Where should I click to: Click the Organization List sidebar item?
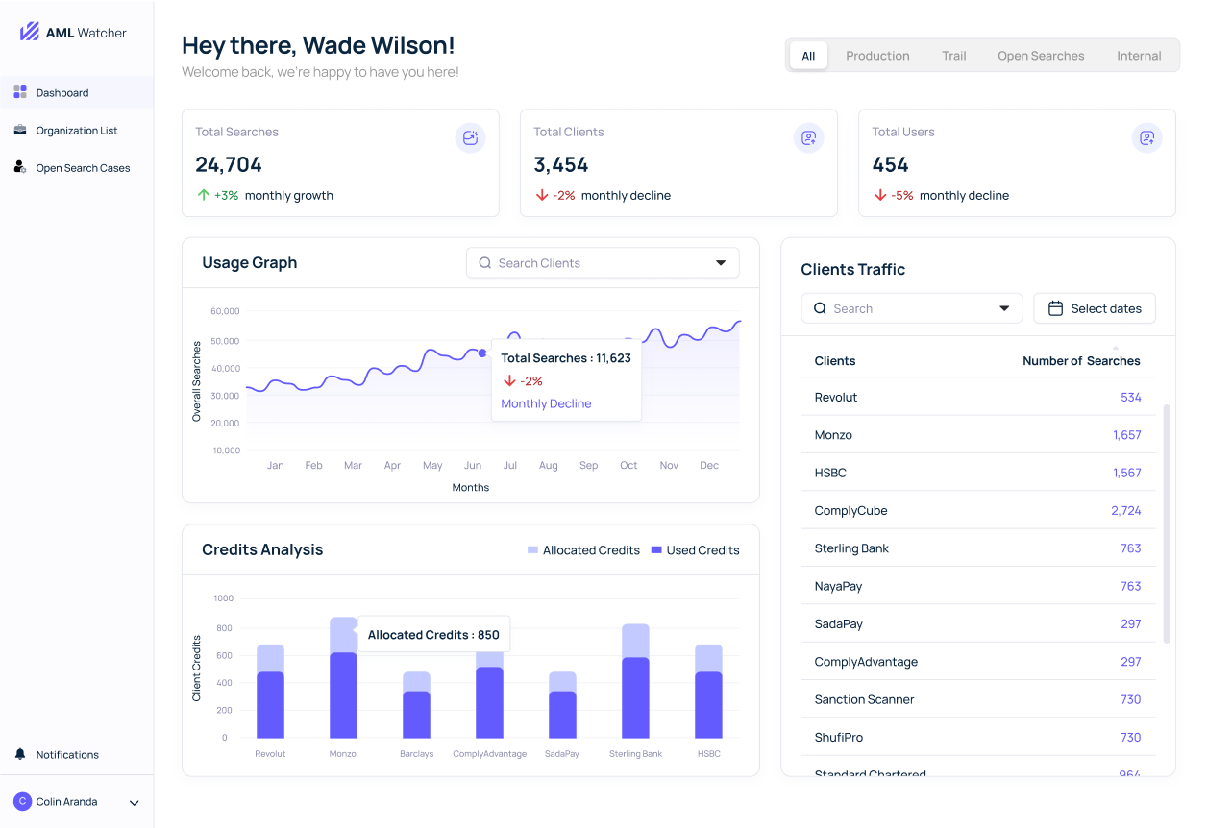(76, 131)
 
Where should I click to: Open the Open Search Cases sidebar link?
(83, 168)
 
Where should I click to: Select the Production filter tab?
(877, 56)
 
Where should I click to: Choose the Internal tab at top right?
(1139, 56)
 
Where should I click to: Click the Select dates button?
(1095, 308)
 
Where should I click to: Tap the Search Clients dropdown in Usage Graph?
(603, 263)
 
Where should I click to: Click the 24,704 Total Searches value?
(229, 164)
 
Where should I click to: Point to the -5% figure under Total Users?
(901, 195)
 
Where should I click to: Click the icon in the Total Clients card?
(808, 138)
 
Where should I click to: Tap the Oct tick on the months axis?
(628, 465)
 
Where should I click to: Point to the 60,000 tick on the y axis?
(224, 311)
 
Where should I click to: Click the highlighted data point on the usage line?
(482, 353)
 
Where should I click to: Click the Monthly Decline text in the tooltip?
(546, 403)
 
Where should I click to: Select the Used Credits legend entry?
(695, 550)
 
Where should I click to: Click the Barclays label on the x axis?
(416, 754)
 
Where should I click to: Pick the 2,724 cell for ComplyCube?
(1125, 510)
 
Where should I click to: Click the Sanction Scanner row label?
(864, 699)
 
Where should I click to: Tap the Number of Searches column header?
(1081, 361)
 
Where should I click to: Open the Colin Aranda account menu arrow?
(135, 803)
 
